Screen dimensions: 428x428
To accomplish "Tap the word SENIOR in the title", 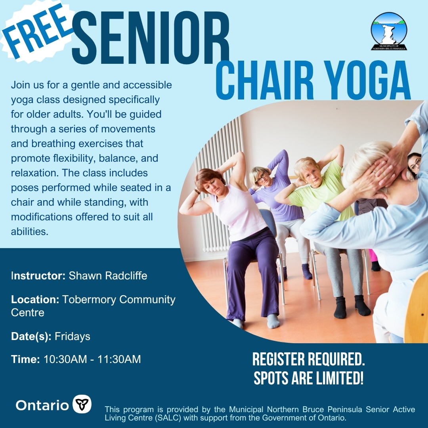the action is point(151,38).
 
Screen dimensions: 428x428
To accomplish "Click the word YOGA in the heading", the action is point(369,80).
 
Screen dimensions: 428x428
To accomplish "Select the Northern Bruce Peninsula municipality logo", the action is point(389,31).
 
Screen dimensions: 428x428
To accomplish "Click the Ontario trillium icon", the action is point(82,404).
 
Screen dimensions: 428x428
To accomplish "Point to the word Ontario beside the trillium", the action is point(42,405).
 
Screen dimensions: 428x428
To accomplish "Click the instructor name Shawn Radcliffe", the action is point(108,276).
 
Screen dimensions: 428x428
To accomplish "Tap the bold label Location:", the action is point(35,300).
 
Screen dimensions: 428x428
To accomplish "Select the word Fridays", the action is point(73,336).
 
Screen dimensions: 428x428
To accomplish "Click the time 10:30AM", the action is point(65,359).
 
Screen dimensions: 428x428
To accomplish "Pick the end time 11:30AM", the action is point(119,359).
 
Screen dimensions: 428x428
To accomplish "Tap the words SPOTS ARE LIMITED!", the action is point(309,378).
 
